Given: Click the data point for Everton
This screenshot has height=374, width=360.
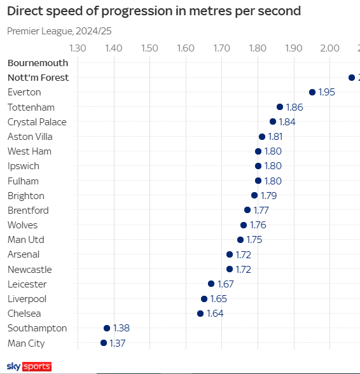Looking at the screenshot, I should [x=312, y=92].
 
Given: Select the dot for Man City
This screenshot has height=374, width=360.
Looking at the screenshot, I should [x=104, y=343].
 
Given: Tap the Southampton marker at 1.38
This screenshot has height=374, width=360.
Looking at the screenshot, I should [x=107, y=328].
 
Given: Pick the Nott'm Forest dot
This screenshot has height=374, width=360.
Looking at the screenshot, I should [x=352, y=78].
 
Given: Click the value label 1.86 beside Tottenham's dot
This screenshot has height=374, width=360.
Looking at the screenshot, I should [x=294, y=107].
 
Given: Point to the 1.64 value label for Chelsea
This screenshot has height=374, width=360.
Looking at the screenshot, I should [x=215, y=314].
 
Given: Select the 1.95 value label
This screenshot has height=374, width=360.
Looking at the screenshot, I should [x=327, y=92].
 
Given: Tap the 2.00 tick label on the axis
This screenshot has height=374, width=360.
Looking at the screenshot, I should [x=329, y=48].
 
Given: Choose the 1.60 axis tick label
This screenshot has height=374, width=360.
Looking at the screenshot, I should [x=185, y=48].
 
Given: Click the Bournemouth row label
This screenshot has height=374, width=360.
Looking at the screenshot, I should [x=38, y=62].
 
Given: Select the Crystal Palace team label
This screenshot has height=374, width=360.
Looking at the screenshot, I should [x=37, y=121].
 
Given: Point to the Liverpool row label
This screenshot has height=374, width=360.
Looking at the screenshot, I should [x=27, y=299].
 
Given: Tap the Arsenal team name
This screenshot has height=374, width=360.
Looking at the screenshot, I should [x=24, y=254].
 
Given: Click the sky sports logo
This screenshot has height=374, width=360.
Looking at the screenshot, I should [x=29, y=367].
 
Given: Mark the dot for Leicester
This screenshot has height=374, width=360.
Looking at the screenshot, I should [x=211, y=284].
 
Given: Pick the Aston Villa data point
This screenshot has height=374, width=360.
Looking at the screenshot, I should [x=262, y=137].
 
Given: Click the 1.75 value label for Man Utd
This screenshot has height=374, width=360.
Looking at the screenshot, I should [x=254, y=240].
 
